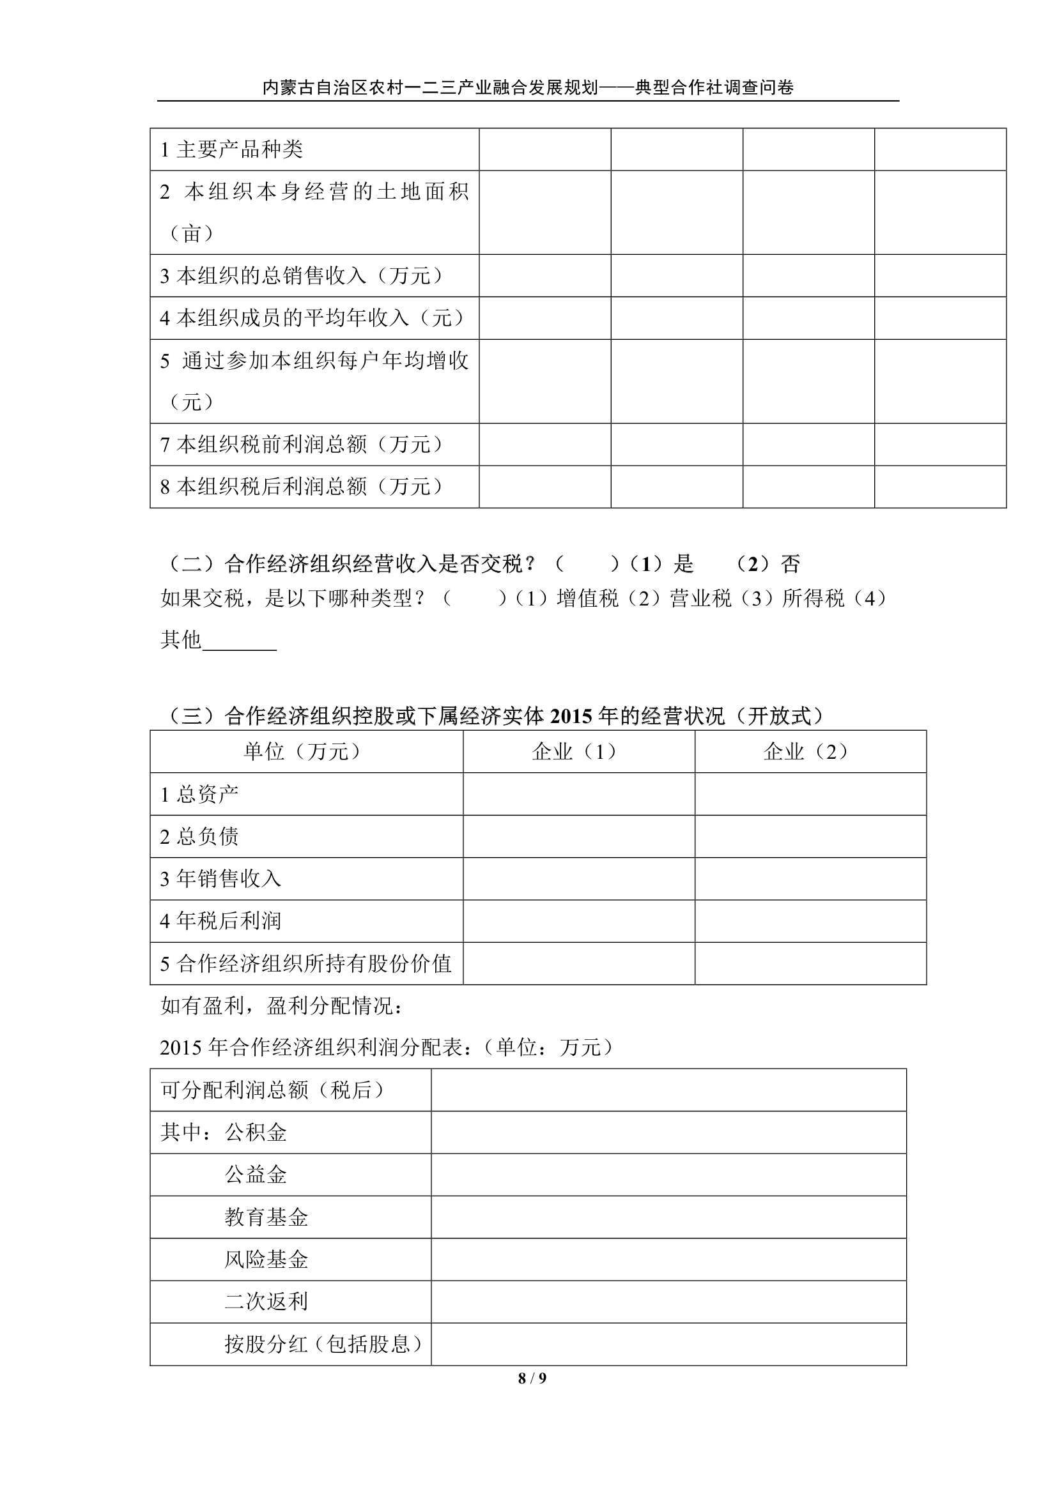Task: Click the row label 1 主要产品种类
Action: (x=232, y=149)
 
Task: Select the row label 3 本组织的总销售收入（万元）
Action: (x=304, y=276)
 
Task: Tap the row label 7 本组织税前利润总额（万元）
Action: (x=304, y=445)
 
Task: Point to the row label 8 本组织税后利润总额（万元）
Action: (x=304, y=487)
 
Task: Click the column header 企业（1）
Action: (x=578, y=752)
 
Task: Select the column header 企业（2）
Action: (x=810, y=752)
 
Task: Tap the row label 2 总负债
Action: (x=199, y=836)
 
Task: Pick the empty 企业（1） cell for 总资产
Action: (x=578, y=794)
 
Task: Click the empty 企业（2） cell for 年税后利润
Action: (x=810, y=921)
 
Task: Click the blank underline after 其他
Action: (x=240, y=641)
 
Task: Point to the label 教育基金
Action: (x=266, y=1217)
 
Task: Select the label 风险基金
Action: (x=266, y=1259)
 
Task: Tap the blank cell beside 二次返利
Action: (x=668, y=1301)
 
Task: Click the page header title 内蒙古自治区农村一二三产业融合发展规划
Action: (x=429, y=88)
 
